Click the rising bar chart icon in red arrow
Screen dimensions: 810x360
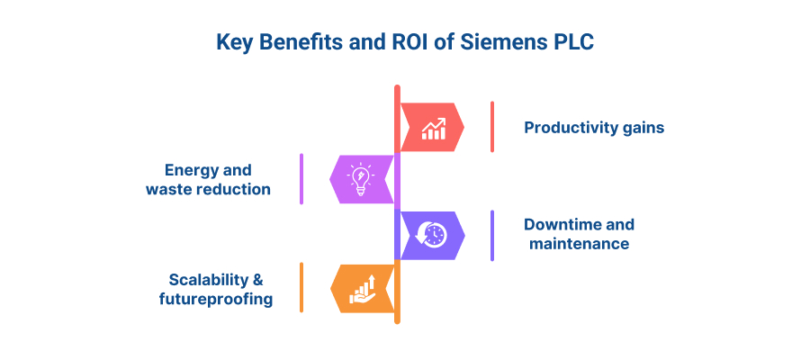coord(433,129)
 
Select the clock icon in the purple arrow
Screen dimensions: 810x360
coord(431,235)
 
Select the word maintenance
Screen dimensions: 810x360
coord(579,243)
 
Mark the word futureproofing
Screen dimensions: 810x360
coord(216,299)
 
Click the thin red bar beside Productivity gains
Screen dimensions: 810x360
coord(492,127)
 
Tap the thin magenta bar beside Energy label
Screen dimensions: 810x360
coord(301,179)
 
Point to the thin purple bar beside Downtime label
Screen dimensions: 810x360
coord(492,236)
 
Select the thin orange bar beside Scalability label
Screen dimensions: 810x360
coord(301,287)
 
